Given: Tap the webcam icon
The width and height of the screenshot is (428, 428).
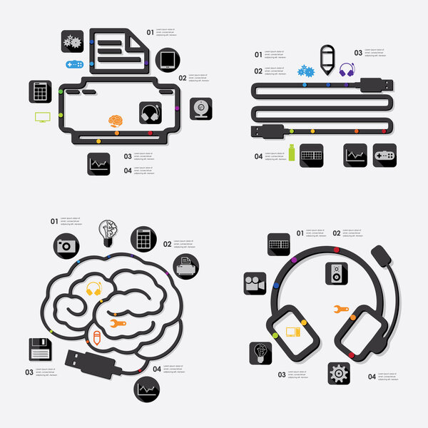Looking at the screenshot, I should (200, 108).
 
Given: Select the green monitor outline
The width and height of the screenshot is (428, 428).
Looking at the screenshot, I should (43, 117).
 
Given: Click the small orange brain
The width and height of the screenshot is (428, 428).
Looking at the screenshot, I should (116, 121).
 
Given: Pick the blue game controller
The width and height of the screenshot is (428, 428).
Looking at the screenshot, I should (74, 65).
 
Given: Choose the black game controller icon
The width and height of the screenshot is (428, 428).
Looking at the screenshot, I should (384, 155).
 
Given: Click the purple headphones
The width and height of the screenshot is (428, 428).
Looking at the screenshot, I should (347, 70).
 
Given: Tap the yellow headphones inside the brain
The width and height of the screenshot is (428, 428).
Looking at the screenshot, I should (94, 289).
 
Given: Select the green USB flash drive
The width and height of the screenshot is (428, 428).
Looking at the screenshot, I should (291, 152).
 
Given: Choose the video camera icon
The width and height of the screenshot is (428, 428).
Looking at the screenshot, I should (255, 283).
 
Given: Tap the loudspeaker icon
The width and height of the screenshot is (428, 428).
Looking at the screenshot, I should (337, 272).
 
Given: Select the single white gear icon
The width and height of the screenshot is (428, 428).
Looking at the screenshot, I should (339, 373).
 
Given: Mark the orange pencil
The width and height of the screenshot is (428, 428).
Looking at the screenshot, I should (96, 336).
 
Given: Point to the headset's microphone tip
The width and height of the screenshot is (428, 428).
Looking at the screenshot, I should (381, 253).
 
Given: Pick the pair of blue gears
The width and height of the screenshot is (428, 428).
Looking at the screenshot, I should (307, 71).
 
